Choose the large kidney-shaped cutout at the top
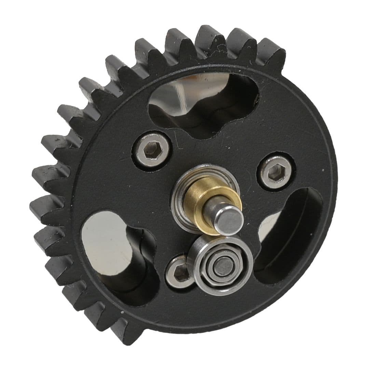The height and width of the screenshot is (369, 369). [x=202, y=102]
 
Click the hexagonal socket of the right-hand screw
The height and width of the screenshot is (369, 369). [x=275, y=173]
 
